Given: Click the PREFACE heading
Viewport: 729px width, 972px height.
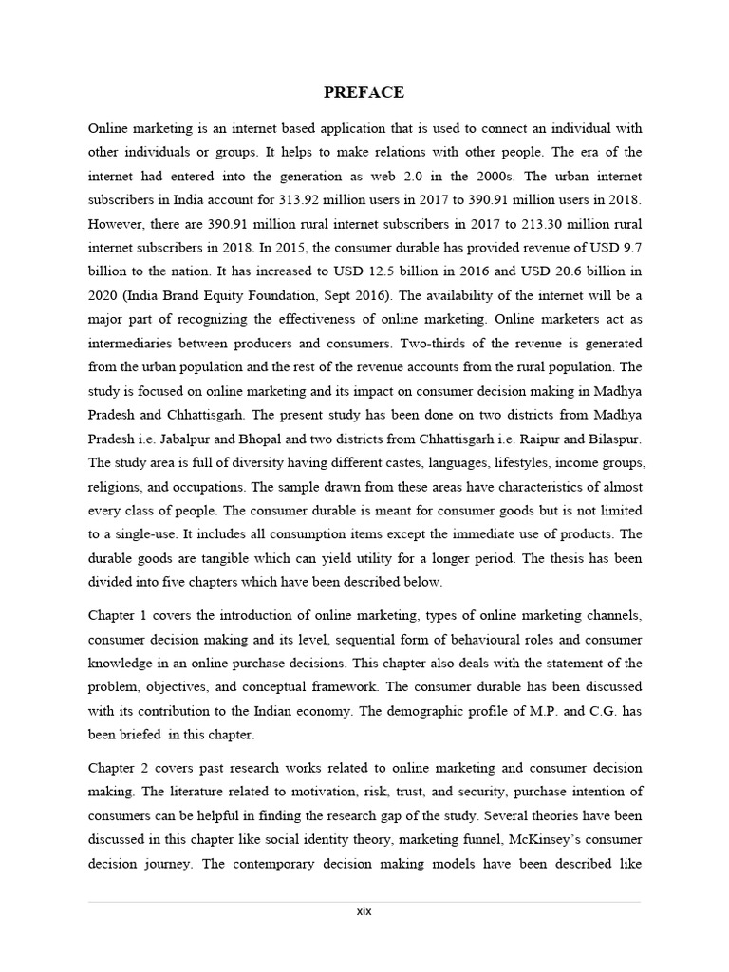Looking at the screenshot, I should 364,92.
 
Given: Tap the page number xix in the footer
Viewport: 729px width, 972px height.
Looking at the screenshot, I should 364,911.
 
